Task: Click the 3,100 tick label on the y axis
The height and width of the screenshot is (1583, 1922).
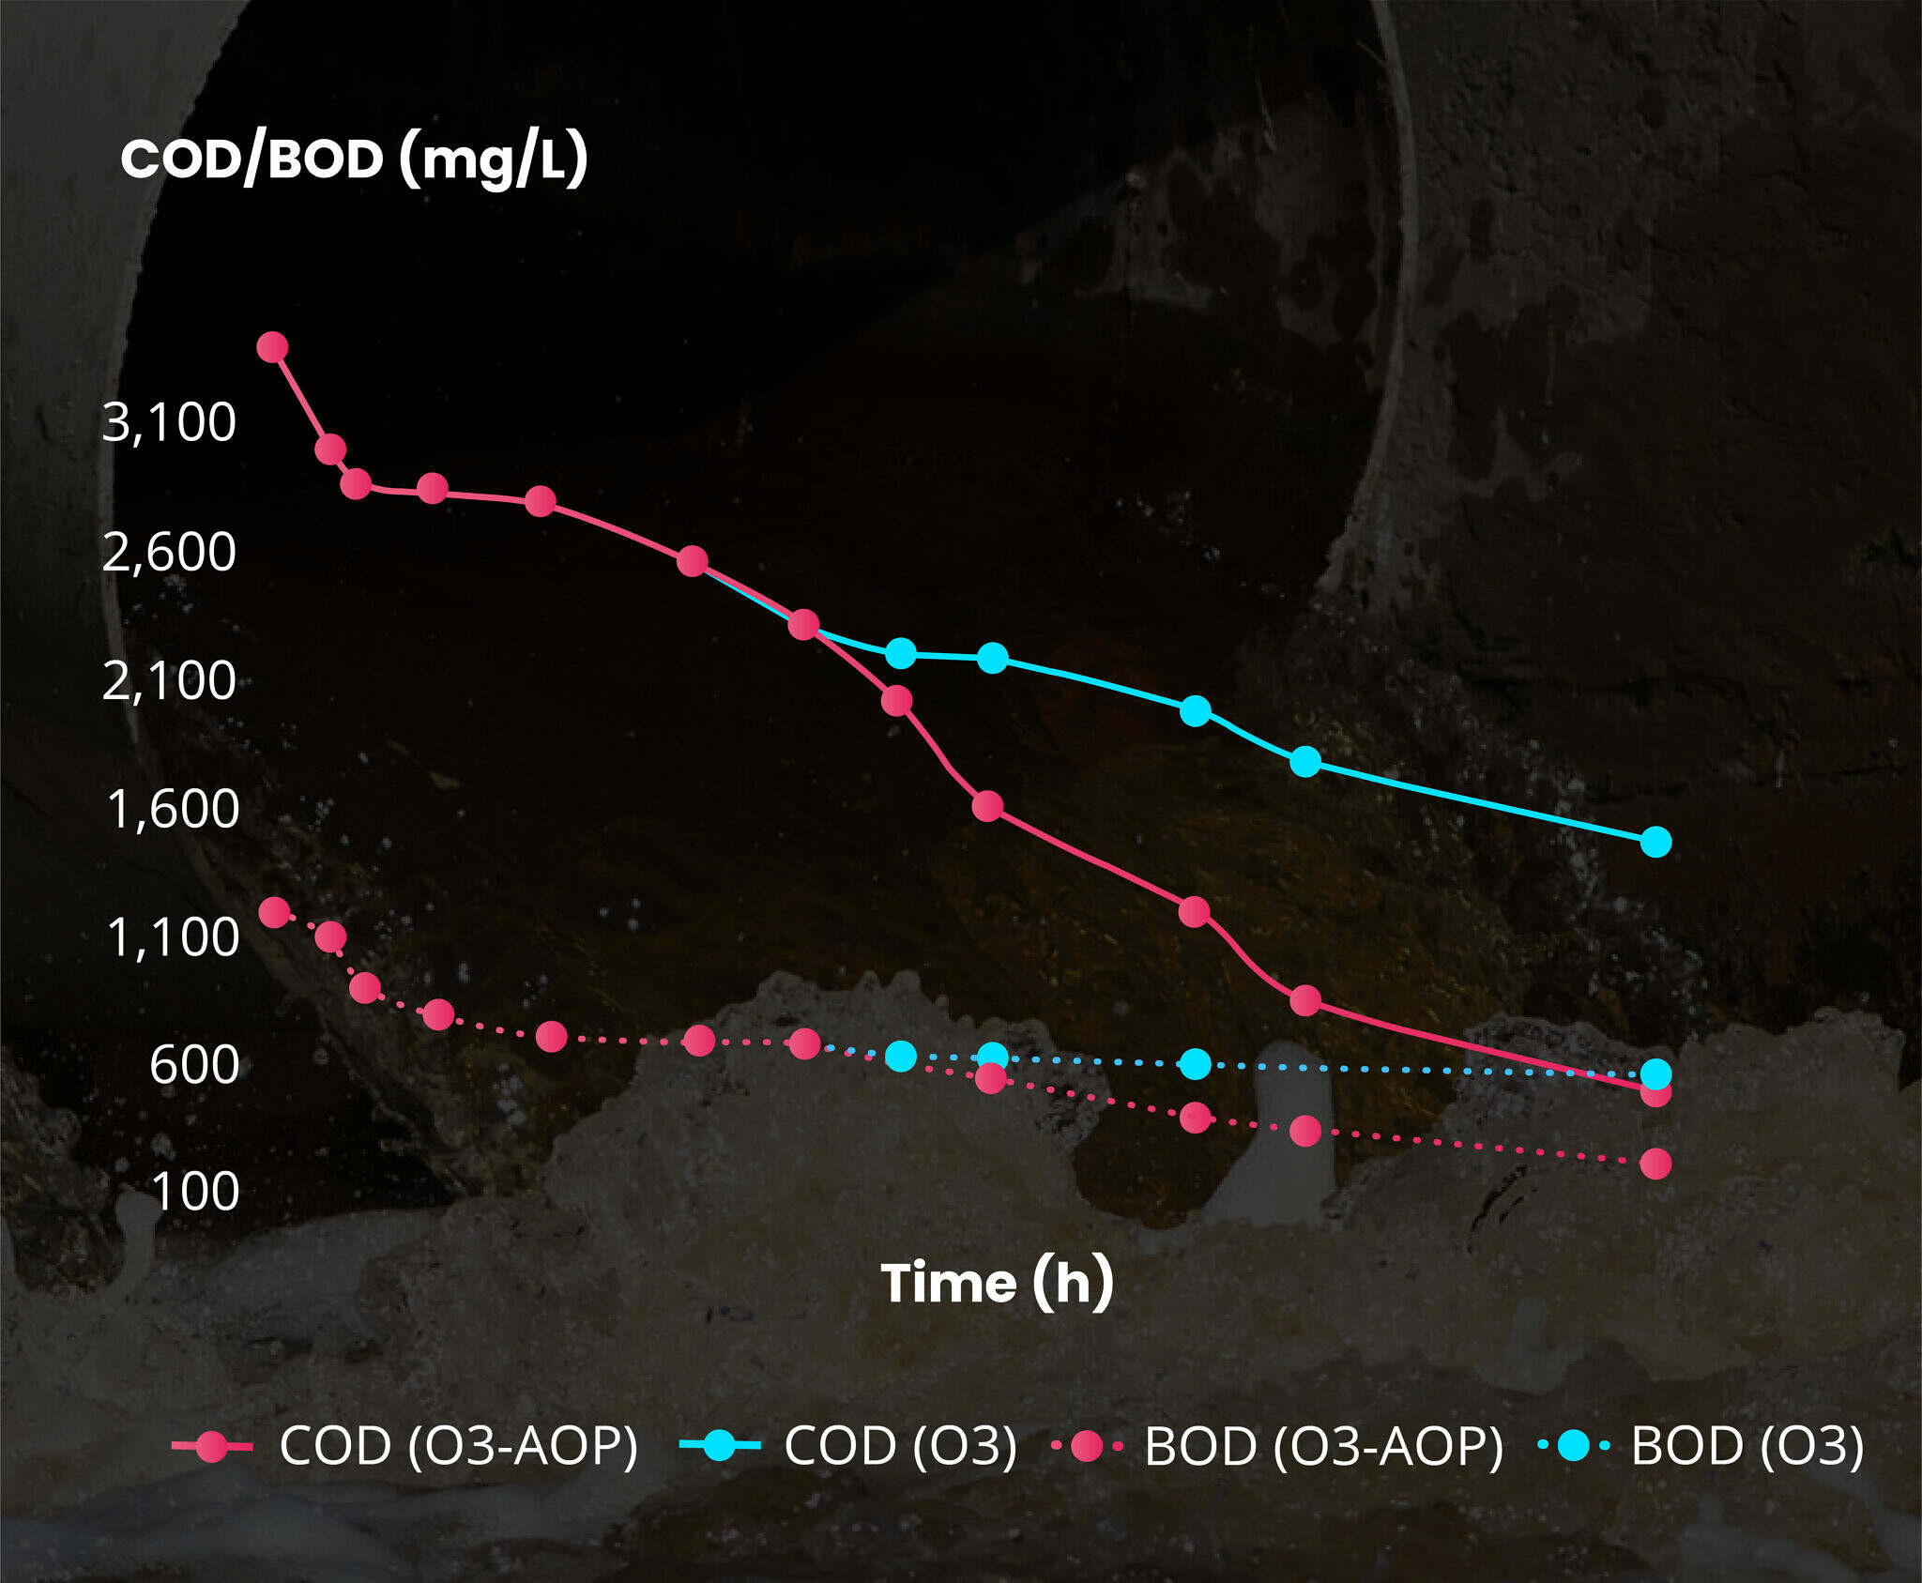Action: click(169, 423)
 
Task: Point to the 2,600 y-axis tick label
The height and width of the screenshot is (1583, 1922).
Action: click(169, 552)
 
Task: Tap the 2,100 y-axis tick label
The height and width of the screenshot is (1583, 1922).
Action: click(169, 680)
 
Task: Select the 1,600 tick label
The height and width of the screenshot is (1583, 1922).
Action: click(173, 809)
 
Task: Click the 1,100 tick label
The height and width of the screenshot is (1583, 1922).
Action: click(173, 937)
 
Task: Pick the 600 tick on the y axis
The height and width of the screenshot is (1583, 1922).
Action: click(194, 1065)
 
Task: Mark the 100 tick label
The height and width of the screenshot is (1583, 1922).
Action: click(194, 1193)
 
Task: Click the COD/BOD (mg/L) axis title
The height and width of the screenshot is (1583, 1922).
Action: click(354, 159)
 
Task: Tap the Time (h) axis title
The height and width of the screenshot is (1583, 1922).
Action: click(997, 1282)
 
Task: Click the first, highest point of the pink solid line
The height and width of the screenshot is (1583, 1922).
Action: click(272, 347)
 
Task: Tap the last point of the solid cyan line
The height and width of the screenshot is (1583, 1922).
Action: click(1655, 842)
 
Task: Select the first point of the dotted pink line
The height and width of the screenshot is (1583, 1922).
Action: click(274, 911)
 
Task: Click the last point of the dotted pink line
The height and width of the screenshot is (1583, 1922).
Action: click(1655, 1164)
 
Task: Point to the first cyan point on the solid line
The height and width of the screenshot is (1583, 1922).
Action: click(901, 653)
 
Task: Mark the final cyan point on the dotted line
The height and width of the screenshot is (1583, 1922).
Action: click(1655, 1073)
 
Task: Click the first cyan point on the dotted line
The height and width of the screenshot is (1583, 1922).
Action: click(901, 1057)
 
